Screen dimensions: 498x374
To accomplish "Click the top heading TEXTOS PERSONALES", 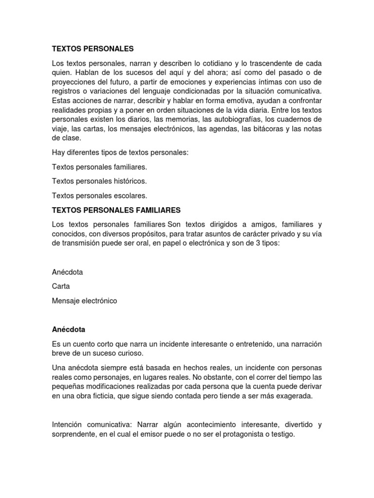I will point(93,49).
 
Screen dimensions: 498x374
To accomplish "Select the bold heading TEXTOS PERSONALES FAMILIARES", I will point(116,210).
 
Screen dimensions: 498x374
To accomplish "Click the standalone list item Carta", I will point(61,286).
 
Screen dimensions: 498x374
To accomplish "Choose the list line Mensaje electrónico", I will point(84,301).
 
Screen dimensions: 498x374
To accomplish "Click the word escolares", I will point(129,196).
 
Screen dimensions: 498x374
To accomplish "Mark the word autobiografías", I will point(239,120).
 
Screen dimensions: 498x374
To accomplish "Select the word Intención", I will point(68,425).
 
